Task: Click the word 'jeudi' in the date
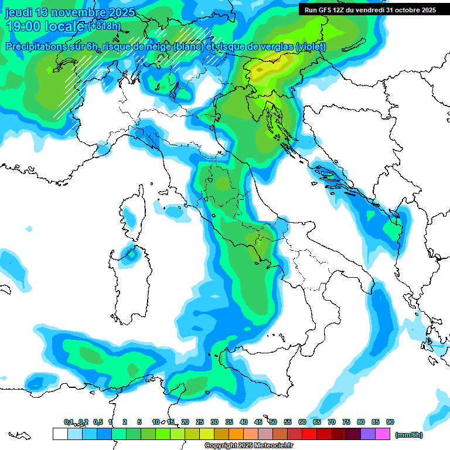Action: point(19,12)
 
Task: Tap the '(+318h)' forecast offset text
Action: point(104,26)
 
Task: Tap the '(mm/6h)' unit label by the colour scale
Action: point(408,435)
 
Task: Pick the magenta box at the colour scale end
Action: point(383,434)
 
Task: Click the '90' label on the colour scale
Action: point(390,422)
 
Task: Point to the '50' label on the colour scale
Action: point(273,422)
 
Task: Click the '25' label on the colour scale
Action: point(200,422)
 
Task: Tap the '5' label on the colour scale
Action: point(139,422)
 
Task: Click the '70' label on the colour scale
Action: point(332,422)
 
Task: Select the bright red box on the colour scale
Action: point(309,434)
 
